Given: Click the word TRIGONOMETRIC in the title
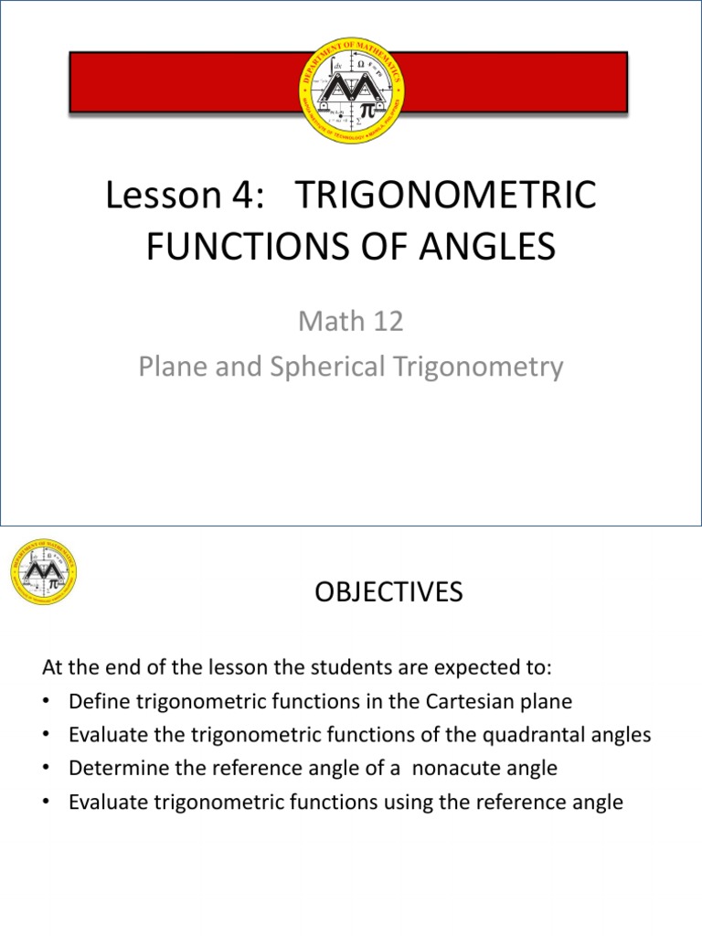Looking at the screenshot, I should tap(447, 197).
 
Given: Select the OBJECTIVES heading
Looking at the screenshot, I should tap(389, 593).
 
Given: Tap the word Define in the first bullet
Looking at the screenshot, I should tap(96, 702).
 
